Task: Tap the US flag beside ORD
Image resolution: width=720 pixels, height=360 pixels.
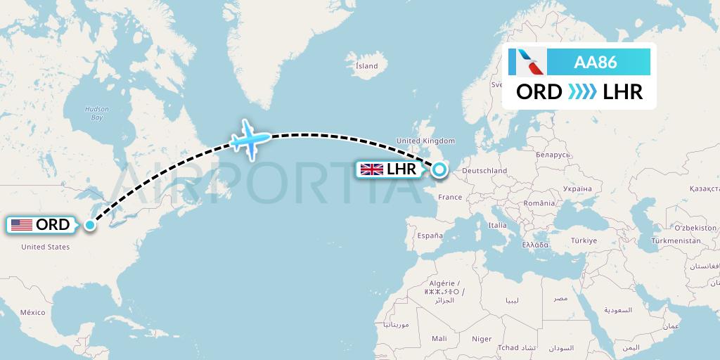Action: click(22, 225)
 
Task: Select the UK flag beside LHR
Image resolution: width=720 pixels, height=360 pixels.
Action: click(371, 169)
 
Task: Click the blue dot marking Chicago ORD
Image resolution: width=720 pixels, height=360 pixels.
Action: click(90, 225)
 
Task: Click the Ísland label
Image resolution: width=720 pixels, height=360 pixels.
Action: click(366, 66)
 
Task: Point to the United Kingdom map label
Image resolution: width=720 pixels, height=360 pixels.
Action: click(426, 141)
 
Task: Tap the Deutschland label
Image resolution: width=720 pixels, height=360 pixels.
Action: click(484, 171)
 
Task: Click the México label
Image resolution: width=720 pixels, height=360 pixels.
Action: click(32, 312)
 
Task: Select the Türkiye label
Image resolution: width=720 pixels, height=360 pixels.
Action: click(582, 240)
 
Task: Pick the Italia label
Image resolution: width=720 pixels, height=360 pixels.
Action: click(498, 225)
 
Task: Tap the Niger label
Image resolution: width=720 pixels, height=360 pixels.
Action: click(482, 339)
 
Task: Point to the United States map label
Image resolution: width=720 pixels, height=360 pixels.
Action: click(45, 247)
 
